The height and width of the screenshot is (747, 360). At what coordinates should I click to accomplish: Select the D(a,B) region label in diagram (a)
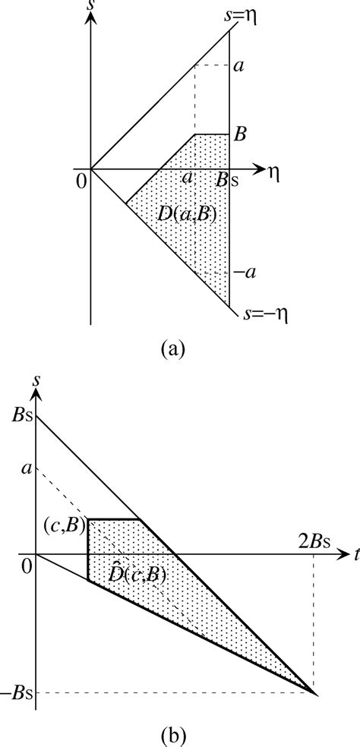click(x=187, y=215)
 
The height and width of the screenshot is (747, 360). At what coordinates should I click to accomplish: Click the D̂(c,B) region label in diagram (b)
click(x=137, y=572)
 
